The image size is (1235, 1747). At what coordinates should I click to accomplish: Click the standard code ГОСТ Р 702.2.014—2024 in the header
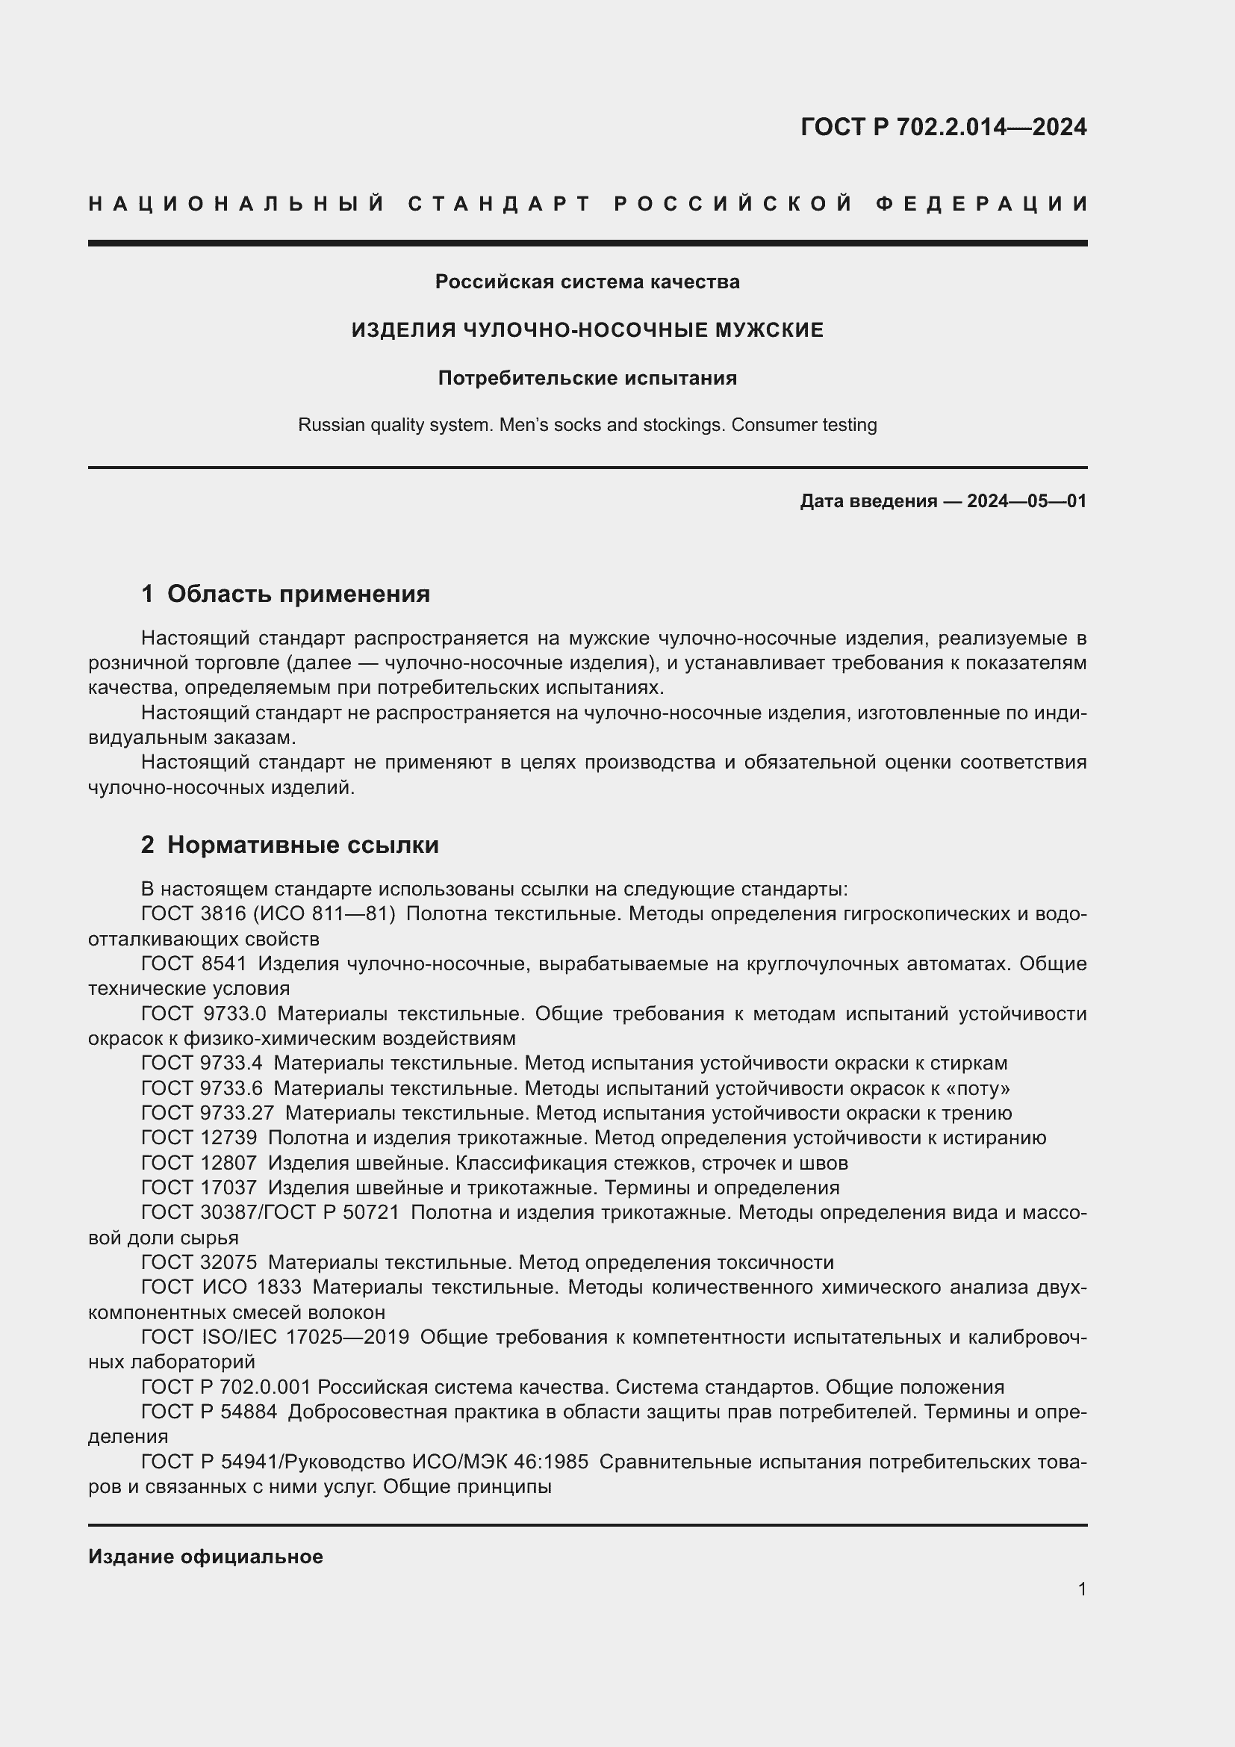(943, 127)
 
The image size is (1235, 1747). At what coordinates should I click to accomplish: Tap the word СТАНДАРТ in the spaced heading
(500, 204)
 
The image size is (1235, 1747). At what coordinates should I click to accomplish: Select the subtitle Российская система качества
(587, 282)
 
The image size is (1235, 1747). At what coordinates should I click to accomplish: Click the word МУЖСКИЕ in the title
(769, 330)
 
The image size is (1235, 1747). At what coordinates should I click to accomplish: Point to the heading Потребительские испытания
(587, 378)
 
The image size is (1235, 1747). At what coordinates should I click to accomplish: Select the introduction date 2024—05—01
(1027, 501)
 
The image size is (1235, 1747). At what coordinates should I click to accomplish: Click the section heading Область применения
(298, 595)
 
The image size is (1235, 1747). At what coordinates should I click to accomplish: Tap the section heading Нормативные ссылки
(302, 845)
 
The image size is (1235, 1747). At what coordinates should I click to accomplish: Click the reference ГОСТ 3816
(194, 913)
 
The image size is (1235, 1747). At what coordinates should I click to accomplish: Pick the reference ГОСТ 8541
(194, 964)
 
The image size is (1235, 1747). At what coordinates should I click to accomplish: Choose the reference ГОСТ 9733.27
(207, 1114)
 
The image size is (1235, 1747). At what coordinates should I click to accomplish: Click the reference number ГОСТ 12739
(199, 1138)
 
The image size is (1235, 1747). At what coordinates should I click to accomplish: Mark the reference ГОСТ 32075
(199, 1263)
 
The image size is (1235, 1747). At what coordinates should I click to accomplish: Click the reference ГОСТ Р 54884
(209, 1412)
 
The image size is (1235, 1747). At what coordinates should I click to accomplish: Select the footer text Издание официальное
(205, 1557)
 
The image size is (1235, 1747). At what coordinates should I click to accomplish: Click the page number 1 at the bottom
(1082, 1589)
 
